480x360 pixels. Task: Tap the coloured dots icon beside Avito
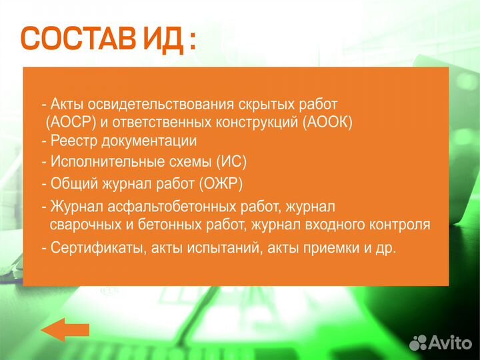(x=418, y=342)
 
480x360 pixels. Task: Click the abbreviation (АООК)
(x=327, y=123)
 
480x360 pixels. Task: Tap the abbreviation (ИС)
(x=231, y=162)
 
